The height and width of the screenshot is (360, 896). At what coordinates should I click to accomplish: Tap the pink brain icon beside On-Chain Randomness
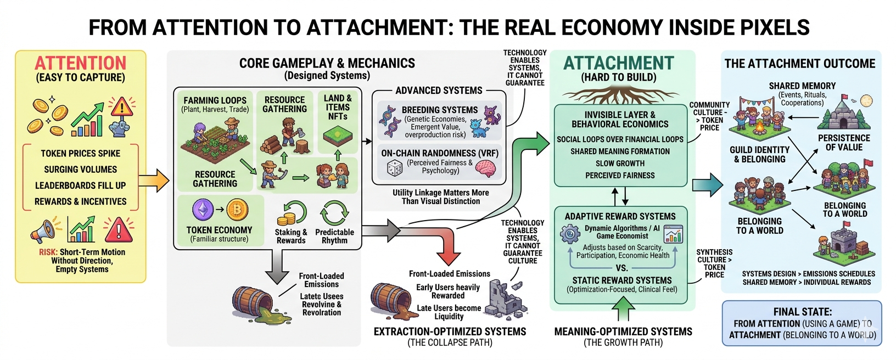pos(485,167)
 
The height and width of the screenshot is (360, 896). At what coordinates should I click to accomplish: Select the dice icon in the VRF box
pos(394,168)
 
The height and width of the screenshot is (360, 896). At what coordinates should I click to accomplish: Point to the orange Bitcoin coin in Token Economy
pos(237,210)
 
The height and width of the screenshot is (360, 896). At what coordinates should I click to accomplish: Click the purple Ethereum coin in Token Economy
pos(203,210)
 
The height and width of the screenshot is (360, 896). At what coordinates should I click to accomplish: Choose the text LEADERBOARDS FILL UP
pos(80,185)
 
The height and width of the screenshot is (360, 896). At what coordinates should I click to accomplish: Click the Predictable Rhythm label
pos(334,236)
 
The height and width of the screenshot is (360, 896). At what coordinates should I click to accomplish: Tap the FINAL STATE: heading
pos(802,311)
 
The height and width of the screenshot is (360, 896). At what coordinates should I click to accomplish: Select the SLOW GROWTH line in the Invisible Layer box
pos(620,164)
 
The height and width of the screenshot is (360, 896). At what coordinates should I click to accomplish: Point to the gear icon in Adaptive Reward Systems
pos(570,234)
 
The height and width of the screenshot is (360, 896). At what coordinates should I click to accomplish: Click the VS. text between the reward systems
pos(621,268)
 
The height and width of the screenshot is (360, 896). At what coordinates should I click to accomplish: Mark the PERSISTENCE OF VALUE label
pos(844,143)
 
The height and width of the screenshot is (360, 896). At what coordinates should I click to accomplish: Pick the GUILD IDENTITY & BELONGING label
pos(759,154)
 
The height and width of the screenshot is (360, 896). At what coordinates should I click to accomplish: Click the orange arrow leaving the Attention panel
pos(153,181)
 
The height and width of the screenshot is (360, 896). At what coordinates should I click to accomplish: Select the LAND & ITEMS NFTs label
pos(338,107)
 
